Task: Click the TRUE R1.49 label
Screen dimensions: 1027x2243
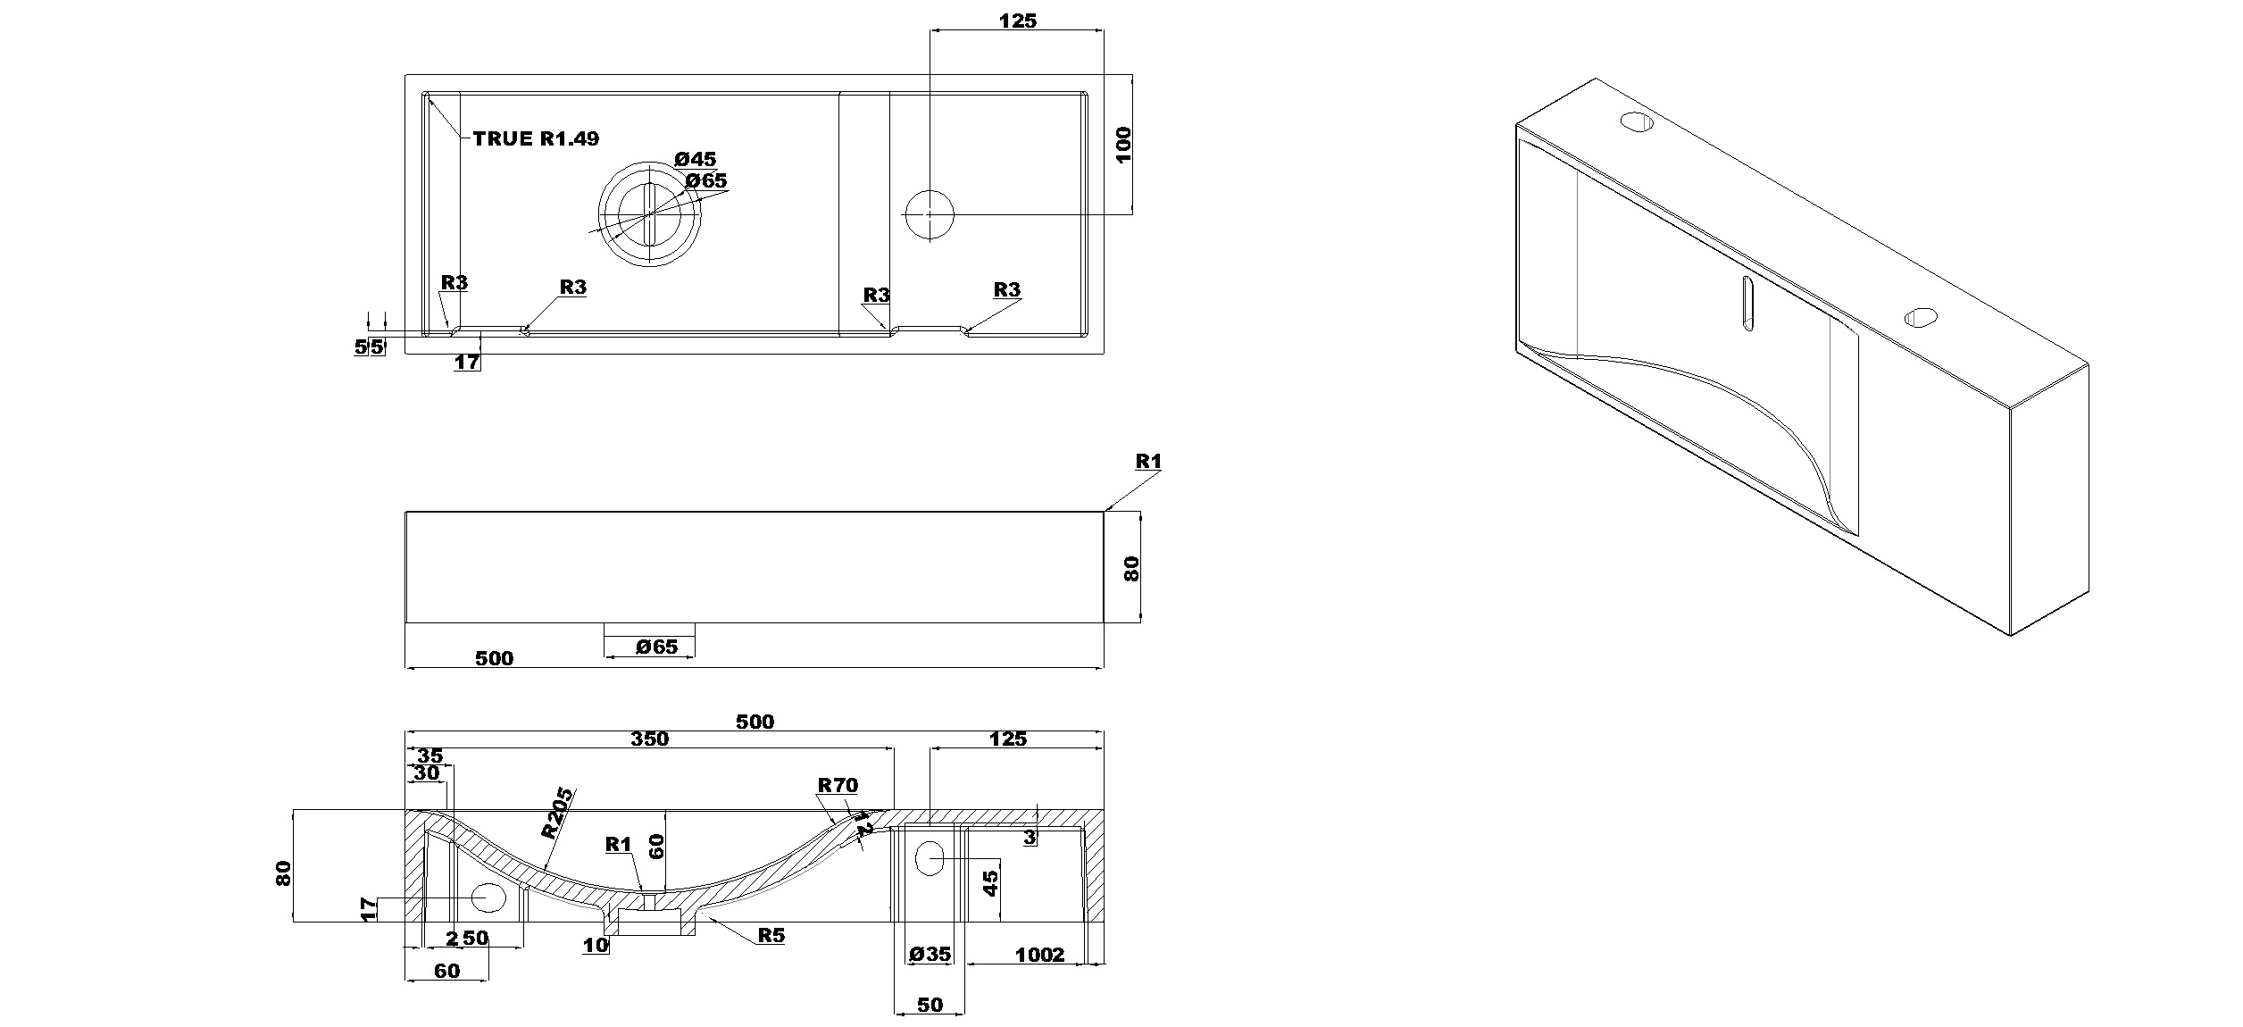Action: [536, 138]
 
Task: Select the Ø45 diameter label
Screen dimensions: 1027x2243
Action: [696, 159]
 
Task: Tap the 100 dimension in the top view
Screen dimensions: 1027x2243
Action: [1123, 144]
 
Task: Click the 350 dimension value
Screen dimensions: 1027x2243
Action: [650, 739]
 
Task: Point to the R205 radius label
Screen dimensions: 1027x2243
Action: [558, 812]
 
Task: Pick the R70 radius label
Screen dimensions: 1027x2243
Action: [838, 785]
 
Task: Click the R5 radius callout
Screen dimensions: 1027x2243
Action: [771, 935]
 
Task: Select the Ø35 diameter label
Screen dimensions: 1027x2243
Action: [930, 954]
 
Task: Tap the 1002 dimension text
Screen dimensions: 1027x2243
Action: [1040, 955]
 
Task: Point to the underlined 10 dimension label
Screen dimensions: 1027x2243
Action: [596, 944]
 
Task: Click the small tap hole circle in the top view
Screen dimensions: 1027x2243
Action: [930, 214]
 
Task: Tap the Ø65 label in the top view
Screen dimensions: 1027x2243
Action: [705, 180]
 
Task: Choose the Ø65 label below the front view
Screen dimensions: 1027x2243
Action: [657, 647]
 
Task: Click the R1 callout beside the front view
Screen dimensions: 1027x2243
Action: [1148, 461]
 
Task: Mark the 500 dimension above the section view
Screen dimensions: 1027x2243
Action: [755, 721]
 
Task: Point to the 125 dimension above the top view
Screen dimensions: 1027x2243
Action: [1017, 21]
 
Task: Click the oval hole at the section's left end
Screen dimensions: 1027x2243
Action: [488, 897]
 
